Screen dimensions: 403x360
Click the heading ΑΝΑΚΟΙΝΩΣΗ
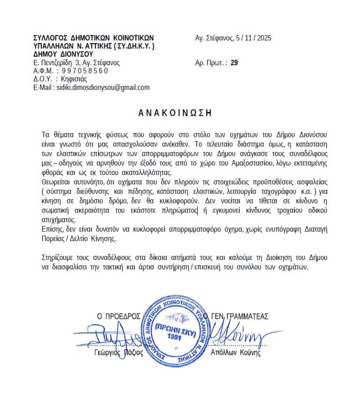coord(175,113)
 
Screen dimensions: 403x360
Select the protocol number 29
coord(234,62)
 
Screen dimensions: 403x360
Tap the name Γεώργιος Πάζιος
coord(119,353)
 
